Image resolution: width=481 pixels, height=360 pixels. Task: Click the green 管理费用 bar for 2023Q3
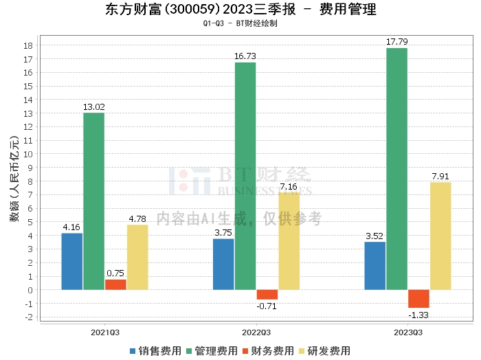(396, 168)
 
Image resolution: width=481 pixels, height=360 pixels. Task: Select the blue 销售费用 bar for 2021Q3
(72, 261)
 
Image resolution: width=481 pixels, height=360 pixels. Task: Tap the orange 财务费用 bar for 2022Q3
(267, 294)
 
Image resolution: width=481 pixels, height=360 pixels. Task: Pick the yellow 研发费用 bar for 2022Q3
(289, 240)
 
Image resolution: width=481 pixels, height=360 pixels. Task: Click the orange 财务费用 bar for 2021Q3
(115, 284)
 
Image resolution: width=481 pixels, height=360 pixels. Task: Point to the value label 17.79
(396, 42)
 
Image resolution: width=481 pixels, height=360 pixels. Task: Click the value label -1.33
(418, 315)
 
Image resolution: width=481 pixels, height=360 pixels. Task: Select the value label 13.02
(93, 106)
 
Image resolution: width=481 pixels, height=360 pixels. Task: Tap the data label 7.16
(289, 186)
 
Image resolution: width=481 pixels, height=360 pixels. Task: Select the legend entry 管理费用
(212, 350)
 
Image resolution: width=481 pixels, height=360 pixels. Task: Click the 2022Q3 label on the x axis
(256, 333)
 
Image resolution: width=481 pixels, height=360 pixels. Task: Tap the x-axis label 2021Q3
(105, 333)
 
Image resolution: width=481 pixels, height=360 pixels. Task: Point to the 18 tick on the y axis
(29, 45)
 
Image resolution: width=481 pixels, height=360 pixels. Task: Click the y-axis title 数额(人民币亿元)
(14, 181)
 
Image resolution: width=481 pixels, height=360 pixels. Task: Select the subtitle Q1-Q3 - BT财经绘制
(240, 23)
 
